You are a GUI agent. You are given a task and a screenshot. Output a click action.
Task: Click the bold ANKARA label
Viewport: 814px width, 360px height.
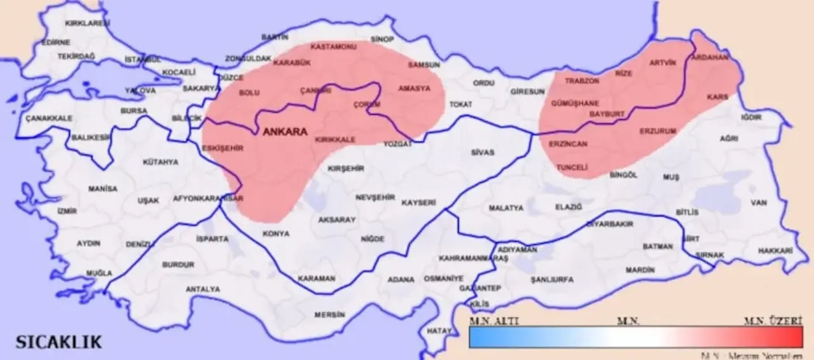pyautogui.click(x=284, y=132)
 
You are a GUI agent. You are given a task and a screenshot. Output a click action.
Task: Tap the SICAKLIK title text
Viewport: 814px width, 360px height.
pyautogui.click(x=59, y=342)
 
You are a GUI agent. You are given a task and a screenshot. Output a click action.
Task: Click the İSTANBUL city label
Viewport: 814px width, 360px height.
pyautogui.click(x=143, y=59)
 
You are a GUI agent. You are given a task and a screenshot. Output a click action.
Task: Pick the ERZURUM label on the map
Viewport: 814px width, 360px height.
pyautogui.click(x=658, y=131)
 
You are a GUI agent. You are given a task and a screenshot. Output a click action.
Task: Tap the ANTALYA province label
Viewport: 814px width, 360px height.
pyautogui.click(x=202, y=289)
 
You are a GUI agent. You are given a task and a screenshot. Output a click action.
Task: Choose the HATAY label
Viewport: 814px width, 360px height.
pyautogui.click(x=439, y=331)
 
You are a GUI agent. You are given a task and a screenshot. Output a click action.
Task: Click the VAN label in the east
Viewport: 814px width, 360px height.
pyautogui.click(x=759, y=203)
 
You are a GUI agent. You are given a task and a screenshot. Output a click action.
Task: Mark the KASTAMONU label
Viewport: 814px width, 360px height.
pyautogui.click(x=333, y=47)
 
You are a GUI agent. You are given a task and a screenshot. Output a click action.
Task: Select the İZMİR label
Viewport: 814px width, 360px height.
pyautogui.click(x=67, y=211)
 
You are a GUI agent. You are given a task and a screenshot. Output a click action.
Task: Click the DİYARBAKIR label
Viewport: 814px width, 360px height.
pyautogui.click(x=609, y=225)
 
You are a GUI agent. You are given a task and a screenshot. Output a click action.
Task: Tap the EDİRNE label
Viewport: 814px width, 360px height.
pyautogui.click(x=55, y=43)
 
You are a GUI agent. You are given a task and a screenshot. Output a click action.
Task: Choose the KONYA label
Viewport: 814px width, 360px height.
pyautogui.click(x=275, y=234)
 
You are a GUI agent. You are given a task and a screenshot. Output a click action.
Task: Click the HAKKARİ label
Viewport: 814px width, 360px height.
pyautogui.click(x=776, y=251)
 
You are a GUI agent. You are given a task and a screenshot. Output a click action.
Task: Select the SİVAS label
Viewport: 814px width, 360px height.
pyautogui.click(x=482, y=153)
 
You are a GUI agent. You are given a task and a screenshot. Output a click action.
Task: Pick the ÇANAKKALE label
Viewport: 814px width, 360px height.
pyautogui.click(x=49, y=118)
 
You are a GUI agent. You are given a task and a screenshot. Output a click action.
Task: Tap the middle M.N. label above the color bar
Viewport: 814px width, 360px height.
pyautogui.click(x=628, y=321)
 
